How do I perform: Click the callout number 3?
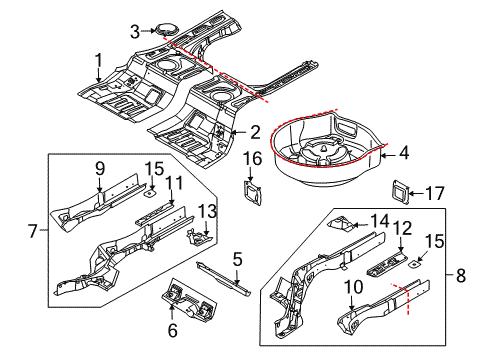tap(135, 32)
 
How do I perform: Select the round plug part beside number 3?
tap(165, 29)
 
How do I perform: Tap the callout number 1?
tap(99, 61)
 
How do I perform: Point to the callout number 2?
tap(255, 132)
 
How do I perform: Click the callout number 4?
tap(404, 153)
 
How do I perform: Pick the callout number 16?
tap(252, 158)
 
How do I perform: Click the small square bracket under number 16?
tap(253, 193)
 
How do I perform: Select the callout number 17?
tap(435, 193)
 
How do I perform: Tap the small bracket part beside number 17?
tap(400, 192)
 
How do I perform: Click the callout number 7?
tap(32, 231)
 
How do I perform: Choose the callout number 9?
tap(100, 169)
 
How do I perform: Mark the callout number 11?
tap(174, 183)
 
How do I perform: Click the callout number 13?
tap(207, 211)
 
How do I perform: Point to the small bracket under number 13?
tap(199, 237)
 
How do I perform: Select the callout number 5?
tap(237, 259)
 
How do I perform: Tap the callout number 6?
tap(173, 330)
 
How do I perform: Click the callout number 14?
tap(380, 221)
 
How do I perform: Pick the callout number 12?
tap(403, 229)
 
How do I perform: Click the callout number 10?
tap(353, 287)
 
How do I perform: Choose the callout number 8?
tap(461, 276)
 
